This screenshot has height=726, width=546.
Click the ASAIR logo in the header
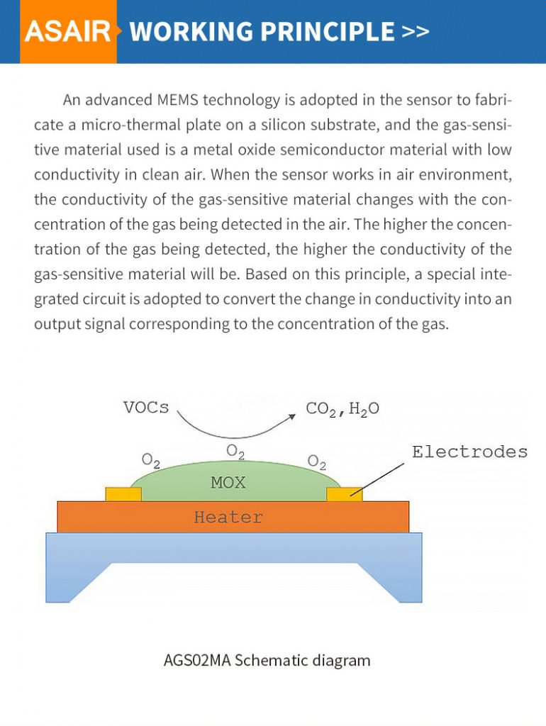(68, 32)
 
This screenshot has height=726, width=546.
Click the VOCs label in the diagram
(146, 408)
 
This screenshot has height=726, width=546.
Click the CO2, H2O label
(342, 409)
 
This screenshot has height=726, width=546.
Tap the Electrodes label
(469, 452)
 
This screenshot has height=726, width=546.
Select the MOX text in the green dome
(228, 483)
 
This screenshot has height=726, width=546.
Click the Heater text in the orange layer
(228, 517)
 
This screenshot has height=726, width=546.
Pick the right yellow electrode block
(344, 493)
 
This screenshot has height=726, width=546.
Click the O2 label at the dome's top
(235, 451)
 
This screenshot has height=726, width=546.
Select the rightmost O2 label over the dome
(316, 462)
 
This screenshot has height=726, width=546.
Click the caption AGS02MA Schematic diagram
(267, 660)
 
